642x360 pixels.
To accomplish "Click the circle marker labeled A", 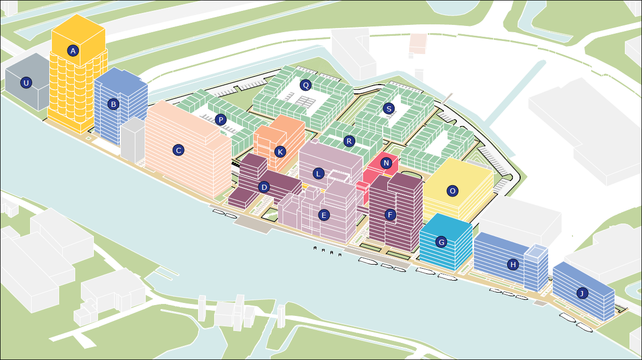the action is pos(73,51).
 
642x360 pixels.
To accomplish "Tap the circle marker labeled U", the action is pos(26,83).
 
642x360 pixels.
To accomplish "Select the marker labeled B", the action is pos(113,104).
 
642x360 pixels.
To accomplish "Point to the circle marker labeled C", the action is pos(178,150).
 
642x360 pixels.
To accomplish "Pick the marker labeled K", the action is pos(280,152).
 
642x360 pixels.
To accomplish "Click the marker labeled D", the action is pos(264,187).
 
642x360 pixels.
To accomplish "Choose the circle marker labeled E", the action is pos(324,215).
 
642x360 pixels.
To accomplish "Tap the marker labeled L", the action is pos(318,174).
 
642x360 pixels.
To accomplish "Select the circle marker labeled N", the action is pos(386,163).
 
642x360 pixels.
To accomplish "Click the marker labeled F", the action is pos(390,214).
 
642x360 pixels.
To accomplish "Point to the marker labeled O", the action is pos(453,191).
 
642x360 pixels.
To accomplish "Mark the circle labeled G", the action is pos(441,242).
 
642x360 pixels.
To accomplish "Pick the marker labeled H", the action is pos(513,265).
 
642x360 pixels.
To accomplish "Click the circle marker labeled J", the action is pos(582,293).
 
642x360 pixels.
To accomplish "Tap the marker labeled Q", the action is pos(305,85).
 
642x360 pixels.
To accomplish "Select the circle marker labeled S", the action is pos(388,108).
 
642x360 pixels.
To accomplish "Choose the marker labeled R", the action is pos(349,141).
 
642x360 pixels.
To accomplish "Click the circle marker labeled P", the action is pos(221,120).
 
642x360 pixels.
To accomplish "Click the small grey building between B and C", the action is pos(132,140).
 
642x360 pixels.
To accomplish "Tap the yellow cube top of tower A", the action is pos(78,40).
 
